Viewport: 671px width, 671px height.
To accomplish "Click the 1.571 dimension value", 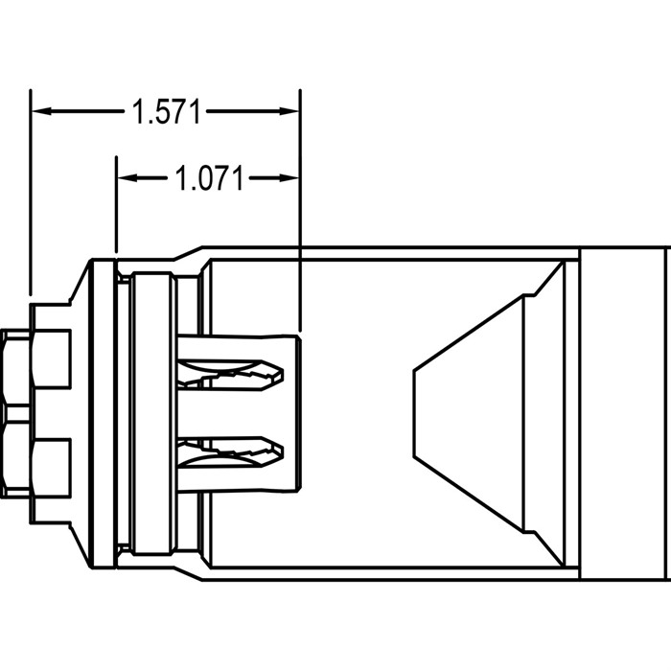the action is (x=166, y=112).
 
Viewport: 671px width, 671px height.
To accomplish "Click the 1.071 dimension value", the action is (x=209, y=178).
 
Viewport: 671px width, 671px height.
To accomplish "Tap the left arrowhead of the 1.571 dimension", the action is (x=42, y=111).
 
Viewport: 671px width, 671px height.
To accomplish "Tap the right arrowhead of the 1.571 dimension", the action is (x=289, y=111).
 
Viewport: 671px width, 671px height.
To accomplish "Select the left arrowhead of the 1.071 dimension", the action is (x=127, y=177).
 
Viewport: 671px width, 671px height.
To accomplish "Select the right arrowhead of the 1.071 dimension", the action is (x=289, y=177).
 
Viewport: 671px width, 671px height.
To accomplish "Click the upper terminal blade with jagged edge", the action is (x=230, y=375).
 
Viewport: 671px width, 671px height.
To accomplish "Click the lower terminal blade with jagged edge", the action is (x=230, y=452).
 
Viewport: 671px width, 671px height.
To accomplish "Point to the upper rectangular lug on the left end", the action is (x=51, y=359).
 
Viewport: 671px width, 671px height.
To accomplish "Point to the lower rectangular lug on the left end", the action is (x=51, y=468).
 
